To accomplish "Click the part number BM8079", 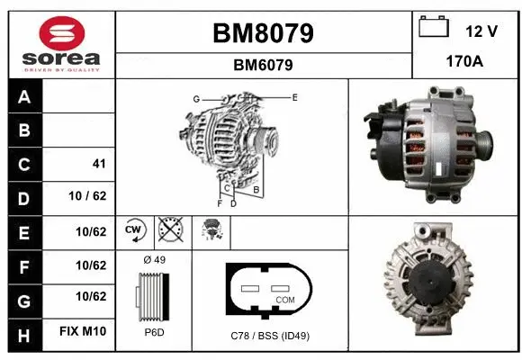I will click(x=263, y=33).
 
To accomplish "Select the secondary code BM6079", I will click(x=263, y=65).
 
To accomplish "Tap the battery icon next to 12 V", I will click(x=435, y=29).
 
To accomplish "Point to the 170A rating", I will click(x=465, y=63).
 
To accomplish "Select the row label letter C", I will click(x=23, y=165).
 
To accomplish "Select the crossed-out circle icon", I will click(x=168, y=231).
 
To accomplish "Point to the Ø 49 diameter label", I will click(x=154, y=260).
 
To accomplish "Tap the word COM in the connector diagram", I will click(x=284, y=300).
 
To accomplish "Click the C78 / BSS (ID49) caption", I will click(x=270, y=336).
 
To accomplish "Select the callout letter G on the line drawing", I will click(x=195, y=98).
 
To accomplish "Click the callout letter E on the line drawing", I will click(x=294, y=95).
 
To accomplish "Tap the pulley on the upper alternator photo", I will click(x=484, y=143).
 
